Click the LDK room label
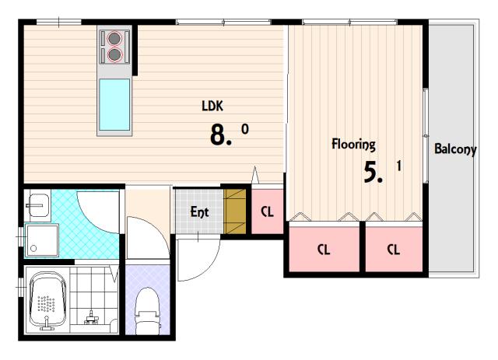pos(212,106)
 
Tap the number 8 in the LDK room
pos(218,135)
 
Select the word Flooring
pos(353,145)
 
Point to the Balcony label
pos(455,149)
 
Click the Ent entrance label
pos(199,211)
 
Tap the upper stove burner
pos(114,38)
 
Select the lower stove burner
pos(114,54)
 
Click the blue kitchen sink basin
pos(114,105)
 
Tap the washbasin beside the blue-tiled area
pos(38,205)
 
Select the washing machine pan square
pos(42,240)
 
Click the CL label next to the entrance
pos(267,211)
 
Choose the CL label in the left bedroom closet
pos(324,250)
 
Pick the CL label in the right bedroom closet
pos(393,250)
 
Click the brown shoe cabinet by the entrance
pos(235,211)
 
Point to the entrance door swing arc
pos(209,268)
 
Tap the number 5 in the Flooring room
pos(371,172)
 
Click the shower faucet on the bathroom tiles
pos(91,318)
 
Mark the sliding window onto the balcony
pos(426,135)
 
